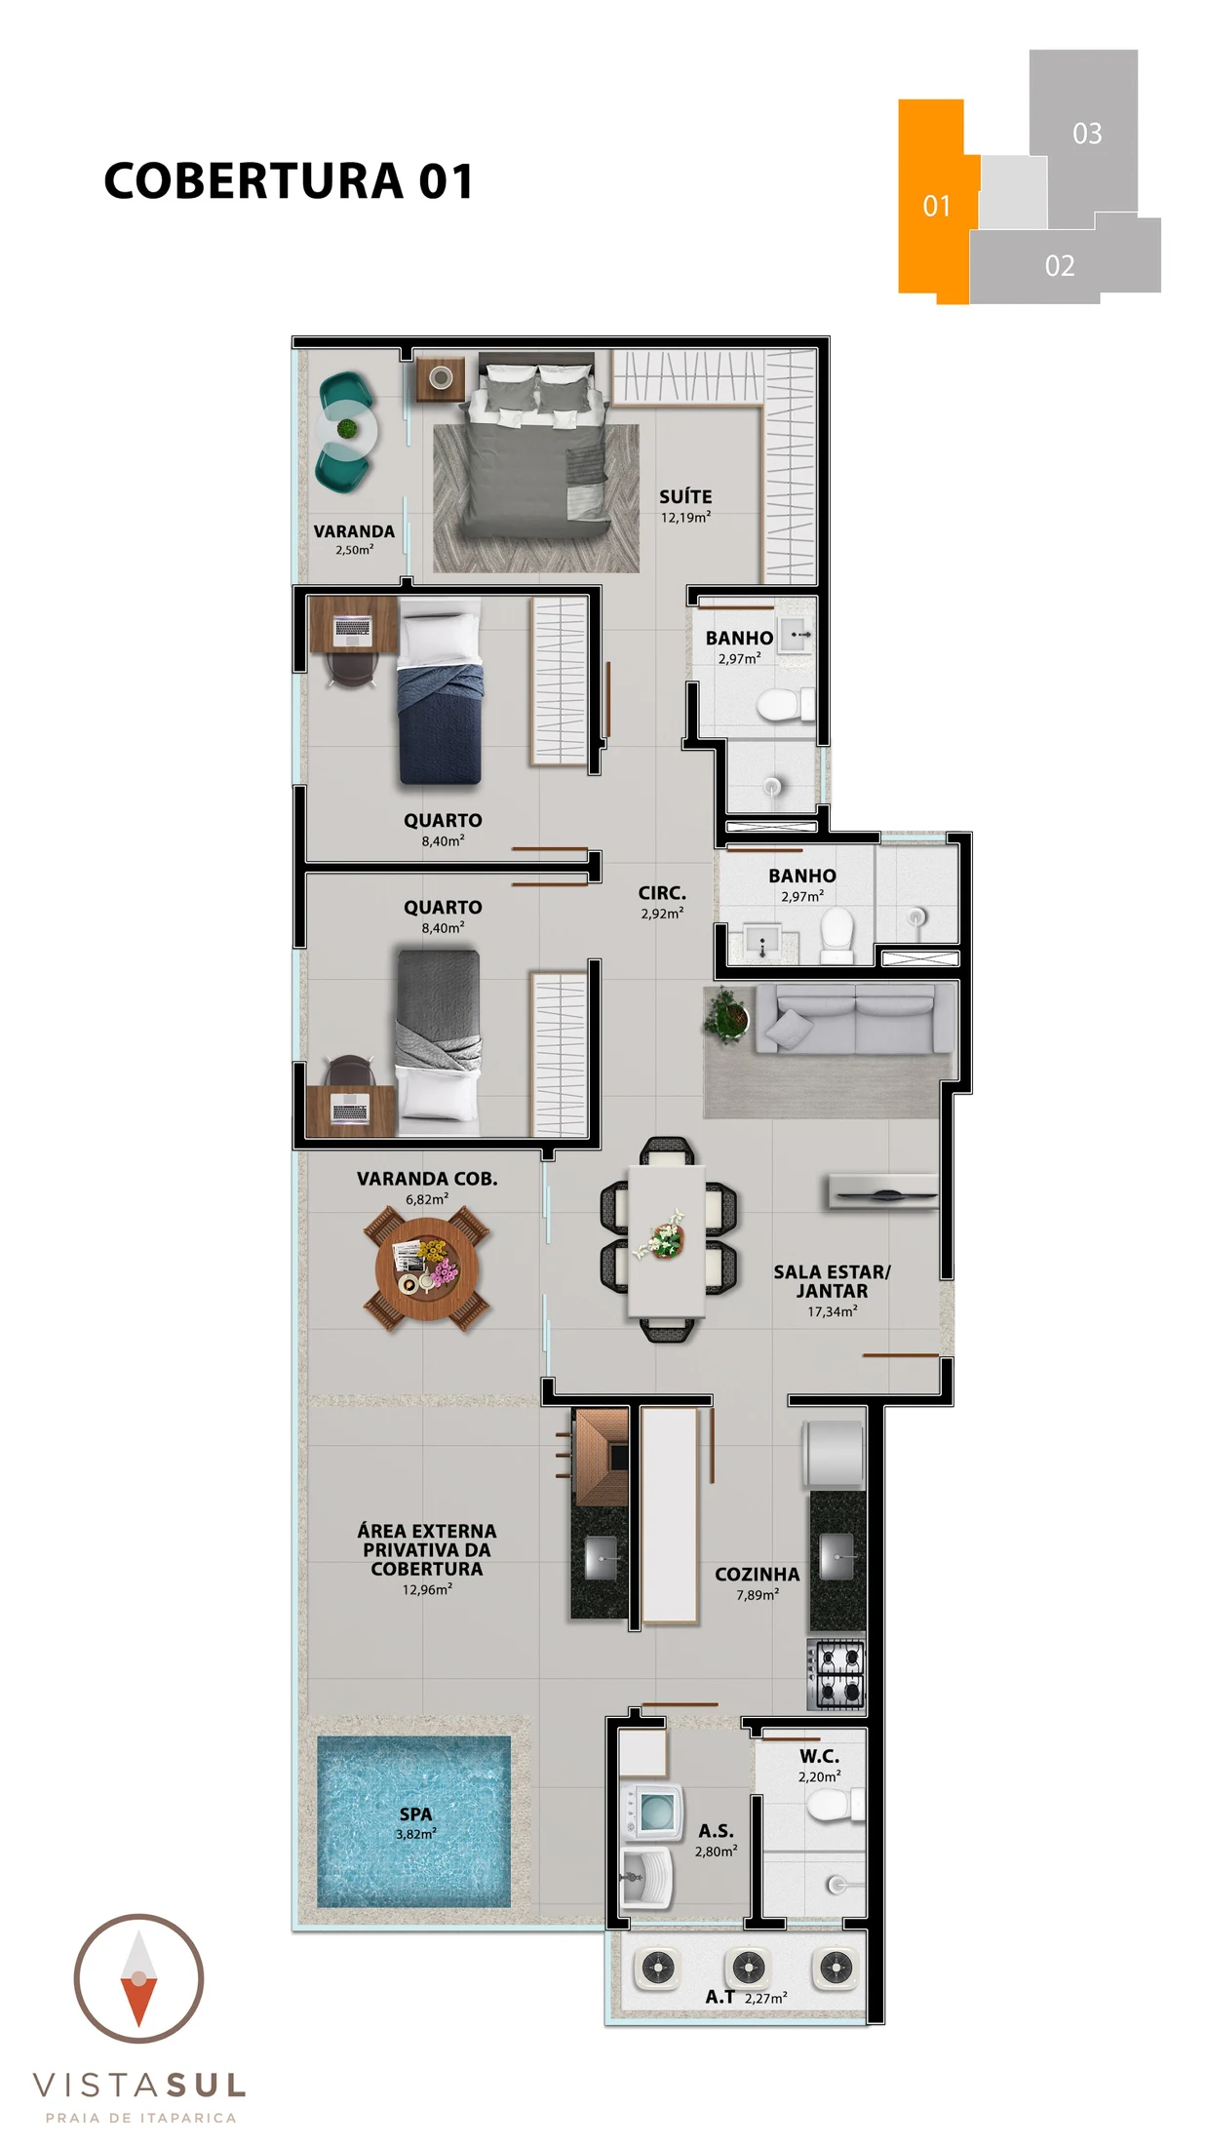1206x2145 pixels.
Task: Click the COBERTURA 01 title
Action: tap(289, 181)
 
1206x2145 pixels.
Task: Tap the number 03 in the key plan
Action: tap(1087, 134)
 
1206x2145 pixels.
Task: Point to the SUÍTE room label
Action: tap(685, 496)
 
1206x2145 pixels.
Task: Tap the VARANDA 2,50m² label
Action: tap(354, 539)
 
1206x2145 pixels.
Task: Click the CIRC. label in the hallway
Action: tap(662, 893)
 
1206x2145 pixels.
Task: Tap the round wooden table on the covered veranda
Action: tap(427, 1268)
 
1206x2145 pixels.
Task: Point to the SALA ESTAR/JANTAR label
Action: tap(832, 1280)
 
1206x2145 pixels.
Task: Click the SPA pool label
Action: tap(415, 1813)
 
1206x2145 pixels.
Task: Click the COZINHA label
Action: tap(757, 1575)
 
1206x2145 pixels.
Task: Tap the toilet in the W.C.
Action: tap(836, 1805)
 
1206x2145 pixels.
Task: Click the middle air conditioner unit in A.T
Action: tap(748, 1968)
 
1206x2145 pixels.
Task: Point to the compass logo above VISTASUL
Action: tap(138, 1978)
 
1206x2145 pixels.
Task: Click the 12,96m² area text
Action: tap(427, 1589)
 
